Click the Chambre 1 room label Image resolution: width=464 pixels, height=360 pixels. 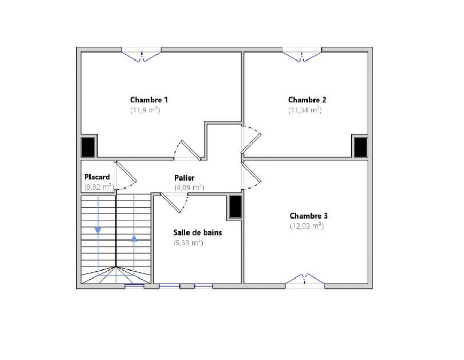pyautogui.click(x=149, y=100)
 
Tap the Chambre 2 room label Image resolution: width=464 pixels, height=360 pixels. pyautogui.click(x=307, y=100)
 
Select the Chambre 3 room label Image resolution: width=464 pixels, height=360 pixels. pyautogui.click(x=309, y=216)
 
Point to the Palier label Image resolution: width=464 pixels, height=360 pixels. pyautogui.click(x=184, y=177)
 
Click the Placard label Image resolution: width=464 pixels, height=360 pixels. pyautogui.click(x=97, y=177)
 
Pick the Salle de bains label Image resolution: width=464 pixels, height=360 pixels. pyautogui.click(x=197, y=232)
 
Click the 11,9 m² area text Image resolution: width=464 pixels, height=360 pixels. pyautogui.click(x=145, y=110)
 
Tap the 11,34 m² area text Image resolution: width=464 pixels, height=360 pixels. pyautogui.click(x=305, y=110)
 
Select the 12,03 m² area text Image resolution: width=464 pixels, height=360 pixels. pyautogui.click(x=306, y=226)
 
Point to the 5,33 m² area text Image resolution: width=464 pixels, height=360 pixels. pyautogui.click(x=188, y=243)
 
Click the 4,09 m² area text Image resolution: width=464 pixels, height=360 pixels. pyautogui.click(x=189, y=187)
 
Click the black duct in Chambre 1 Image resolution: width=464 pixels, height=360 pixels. pyautogui.click(x=88, y=147)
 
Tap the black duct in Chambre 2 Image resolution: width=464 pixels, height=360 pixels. pyautogui.click(x=361, y=147)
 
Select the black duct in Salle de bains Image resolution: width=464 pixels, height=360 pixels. pyautogui.click(x=235, y=207)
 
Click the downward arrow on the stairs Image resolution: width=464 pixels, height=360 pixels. pyautogui.click(x=98, y=230)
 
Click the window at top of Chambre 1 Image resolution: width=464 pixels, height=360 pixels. pyautogui.click(x=141, y=55)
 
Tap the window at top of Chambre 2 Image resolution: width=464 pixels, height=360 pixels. pyautogui.click(x=302, y=55)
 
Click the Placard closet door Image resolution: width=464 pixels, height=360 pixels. pyautogui.click(x=126, y=172)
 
